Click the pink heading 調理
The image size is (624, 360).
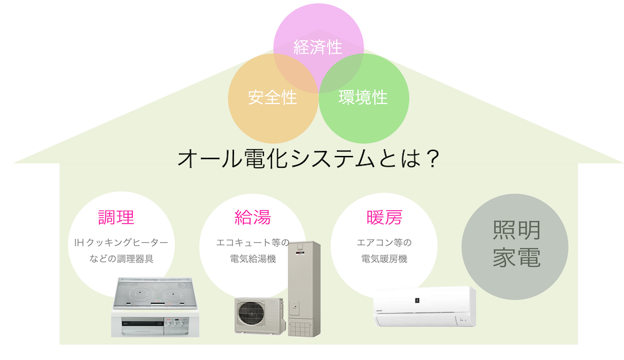(x=117, y=217)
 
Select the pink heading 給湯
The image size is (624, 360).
(x=253, y=217)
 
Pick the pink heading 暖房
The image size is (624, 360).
(x=384, y=217)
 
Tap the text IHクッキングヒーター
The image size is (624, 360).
(x=121, y=242)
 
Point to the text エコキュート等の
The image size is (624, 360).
(x=253, y=242)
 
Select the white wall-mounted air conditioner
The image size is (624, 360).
(x=424, y=307)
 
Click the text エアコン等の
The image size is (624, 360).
(x=384, y=242)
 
